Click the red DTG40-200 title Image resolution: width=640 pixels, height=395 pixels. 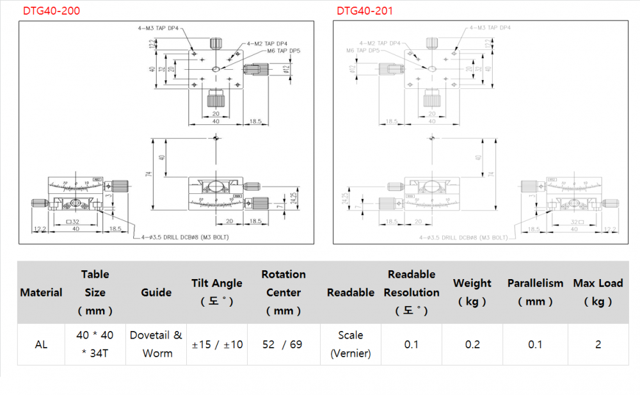click(52, 11)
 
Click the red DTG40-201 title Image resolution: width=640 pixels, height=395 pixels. click(365, 11)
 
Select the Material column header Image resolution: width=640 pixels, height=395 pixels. click(41, 293)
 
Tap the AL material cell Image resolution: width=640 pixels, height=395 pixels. click(41, 344)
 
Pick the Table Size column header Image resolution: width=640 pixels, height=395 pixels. click(95, 293)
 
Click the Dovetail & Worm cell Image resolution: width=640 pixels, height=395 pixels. click(156, 344)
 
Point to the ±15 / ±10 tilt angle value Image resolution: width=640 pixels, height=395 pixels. click(217, 344)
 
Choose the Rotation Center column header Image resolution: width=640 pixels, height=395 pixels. click(284, 293)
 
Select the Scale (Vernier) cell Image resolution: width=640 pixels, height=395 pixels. click(350, 344)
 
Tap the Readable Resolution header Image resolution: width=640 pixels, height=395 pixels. click(412, 293)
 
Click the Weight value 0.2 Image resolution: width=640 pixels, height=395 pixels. click(472, 344)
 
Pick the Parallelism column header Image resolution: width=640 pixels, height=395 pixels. click(535, 292)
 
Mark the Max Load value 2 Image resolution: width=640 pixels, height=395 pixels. click(598, 344)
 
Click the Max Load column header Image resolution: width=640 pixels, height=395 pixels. click(598, 292)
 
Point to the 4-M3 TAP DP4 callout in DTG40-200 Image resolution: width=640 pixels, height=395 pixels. click(159, 29)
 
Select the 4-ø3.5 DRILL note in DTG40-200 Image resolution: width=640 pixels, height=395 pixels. click(185, 238)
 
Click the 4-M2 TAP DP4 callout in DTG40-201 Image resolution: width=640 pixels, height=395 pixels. click(381, 43)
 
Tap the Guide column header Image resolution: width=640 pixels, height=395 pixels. click(156, 293)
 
